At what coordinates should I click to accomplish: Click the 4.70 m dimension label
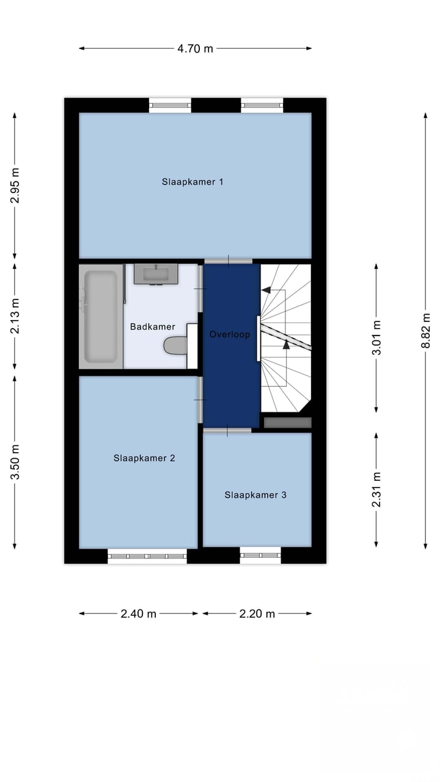(x=195, y=48)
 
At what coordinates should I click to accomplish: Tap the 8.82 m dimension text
(x=426, y=331)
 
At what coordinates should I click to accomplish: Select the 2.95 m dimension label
(x=15, y=186)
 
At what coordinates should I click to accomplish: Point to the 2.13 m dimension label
(x=15, y=316)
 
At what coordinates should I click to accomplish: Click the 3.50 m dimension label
(x=15, y=462)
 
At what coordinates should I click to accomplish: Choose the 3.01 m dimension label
(x=376, y=338)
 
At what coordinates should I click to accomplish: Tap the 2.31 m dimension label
(x=376, y=489)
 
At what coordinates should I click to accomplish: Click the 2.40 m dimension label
(x=138, y=613)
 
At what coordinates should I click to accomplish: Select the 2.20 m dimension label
(x=257, y=613)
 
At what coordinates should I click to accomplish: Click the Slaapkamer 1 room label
(x=193, y=182)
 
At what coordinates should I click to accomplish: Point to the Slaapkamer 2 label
(x=144, y=458)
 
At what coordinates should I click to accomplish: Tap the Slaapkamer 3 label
(x=255, y=495)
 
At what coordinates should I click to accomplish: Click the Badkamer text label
(x=153, y=327)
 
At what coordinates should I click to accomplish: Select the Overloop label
(x=230, y=334)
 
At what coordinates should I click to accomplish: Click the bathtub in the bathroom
(x=101, y=316)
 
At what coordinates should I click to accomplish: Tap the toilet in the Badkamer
(x=175, y=346)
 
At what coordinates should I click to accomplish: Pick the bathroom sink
(x=156, y=274)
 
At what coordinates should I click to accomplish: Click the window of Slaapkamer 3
(x=260, y=555)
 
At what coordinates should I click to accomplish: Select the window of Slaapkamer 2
(x=147, y=556)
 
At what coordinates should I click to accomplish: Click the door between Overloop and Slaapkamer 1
(x=229, y=261)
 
